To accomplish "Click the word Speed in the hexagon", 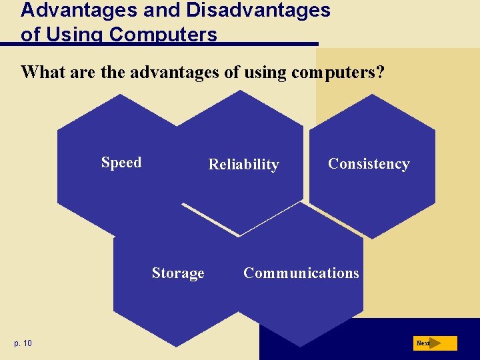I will [x=121, y=163].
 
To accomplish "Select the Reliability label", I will [x=243, y=165].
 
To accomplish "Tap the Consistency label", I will [x=369, y=164].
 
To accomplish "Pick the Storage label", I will [x=178, y=273].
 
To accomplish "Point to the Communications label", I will [x=301, y=273].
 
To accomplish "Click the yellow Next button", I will [x=435, y=343].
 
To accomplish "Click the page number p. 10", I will [x=23, y=343].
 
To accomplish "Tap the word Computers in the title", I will [x=163, y=35].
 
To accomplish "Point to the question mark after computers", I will [x=380, y=72].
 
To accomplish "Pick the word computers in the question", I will [x=333, y=72].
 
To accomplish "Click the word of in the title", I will [x=29, y=35].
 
